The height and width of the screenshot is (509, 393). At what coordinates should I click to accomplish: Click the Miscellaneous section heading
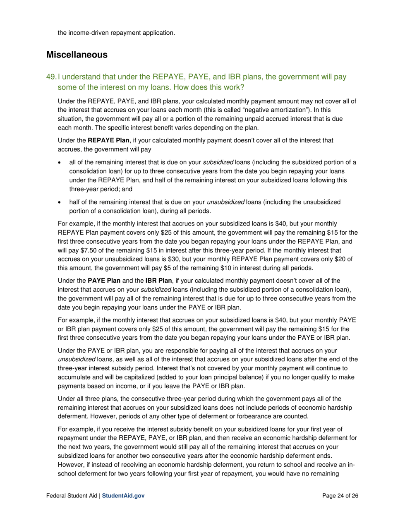coord(77,55)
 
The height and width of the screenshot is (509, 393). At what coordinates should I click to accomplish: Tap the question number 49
coord(51,77)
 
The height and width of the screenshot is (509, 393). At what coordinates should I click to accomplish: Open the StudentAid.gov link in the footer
coord(123,496)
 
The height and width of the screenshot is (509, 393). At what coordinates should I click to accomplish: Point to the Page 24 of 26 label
coord(340,496)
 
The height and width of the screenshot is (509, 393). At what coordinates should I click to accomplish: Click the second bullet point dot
coord(60,203)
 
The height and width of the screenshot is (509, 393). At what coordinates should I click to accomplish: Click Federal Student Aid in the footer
coord(72,496)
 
